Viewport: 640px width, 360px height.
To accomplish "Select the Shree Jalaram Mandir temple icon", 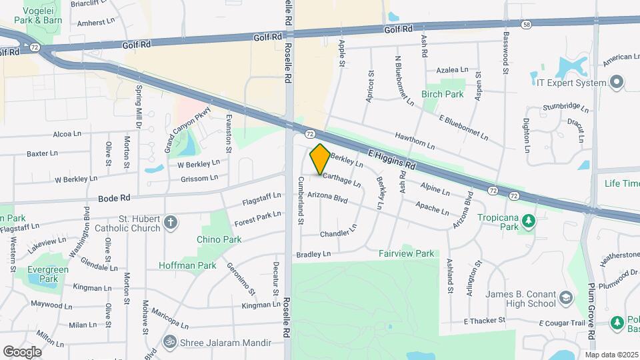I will (170, 343).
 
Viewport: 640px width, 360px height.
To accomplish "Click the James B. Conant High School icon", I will (566, 297).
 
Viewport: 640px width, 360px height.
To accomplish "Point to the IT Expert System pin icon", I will (617, 83).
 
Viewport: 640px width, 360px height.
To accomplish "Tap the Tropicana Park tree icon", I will (528, 219).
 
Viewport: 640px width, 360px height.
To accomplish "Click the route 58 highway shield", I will (527, 24).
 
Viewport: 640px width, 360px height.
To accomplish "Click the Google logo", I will (22, 351).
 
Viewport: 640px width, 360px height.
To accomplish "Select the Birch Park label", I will (443, 95).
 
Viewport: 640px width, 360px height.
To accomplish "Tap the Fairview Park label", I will (406, 253).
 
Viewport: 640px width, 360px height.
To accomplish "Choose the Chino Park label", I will (219, 239).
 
